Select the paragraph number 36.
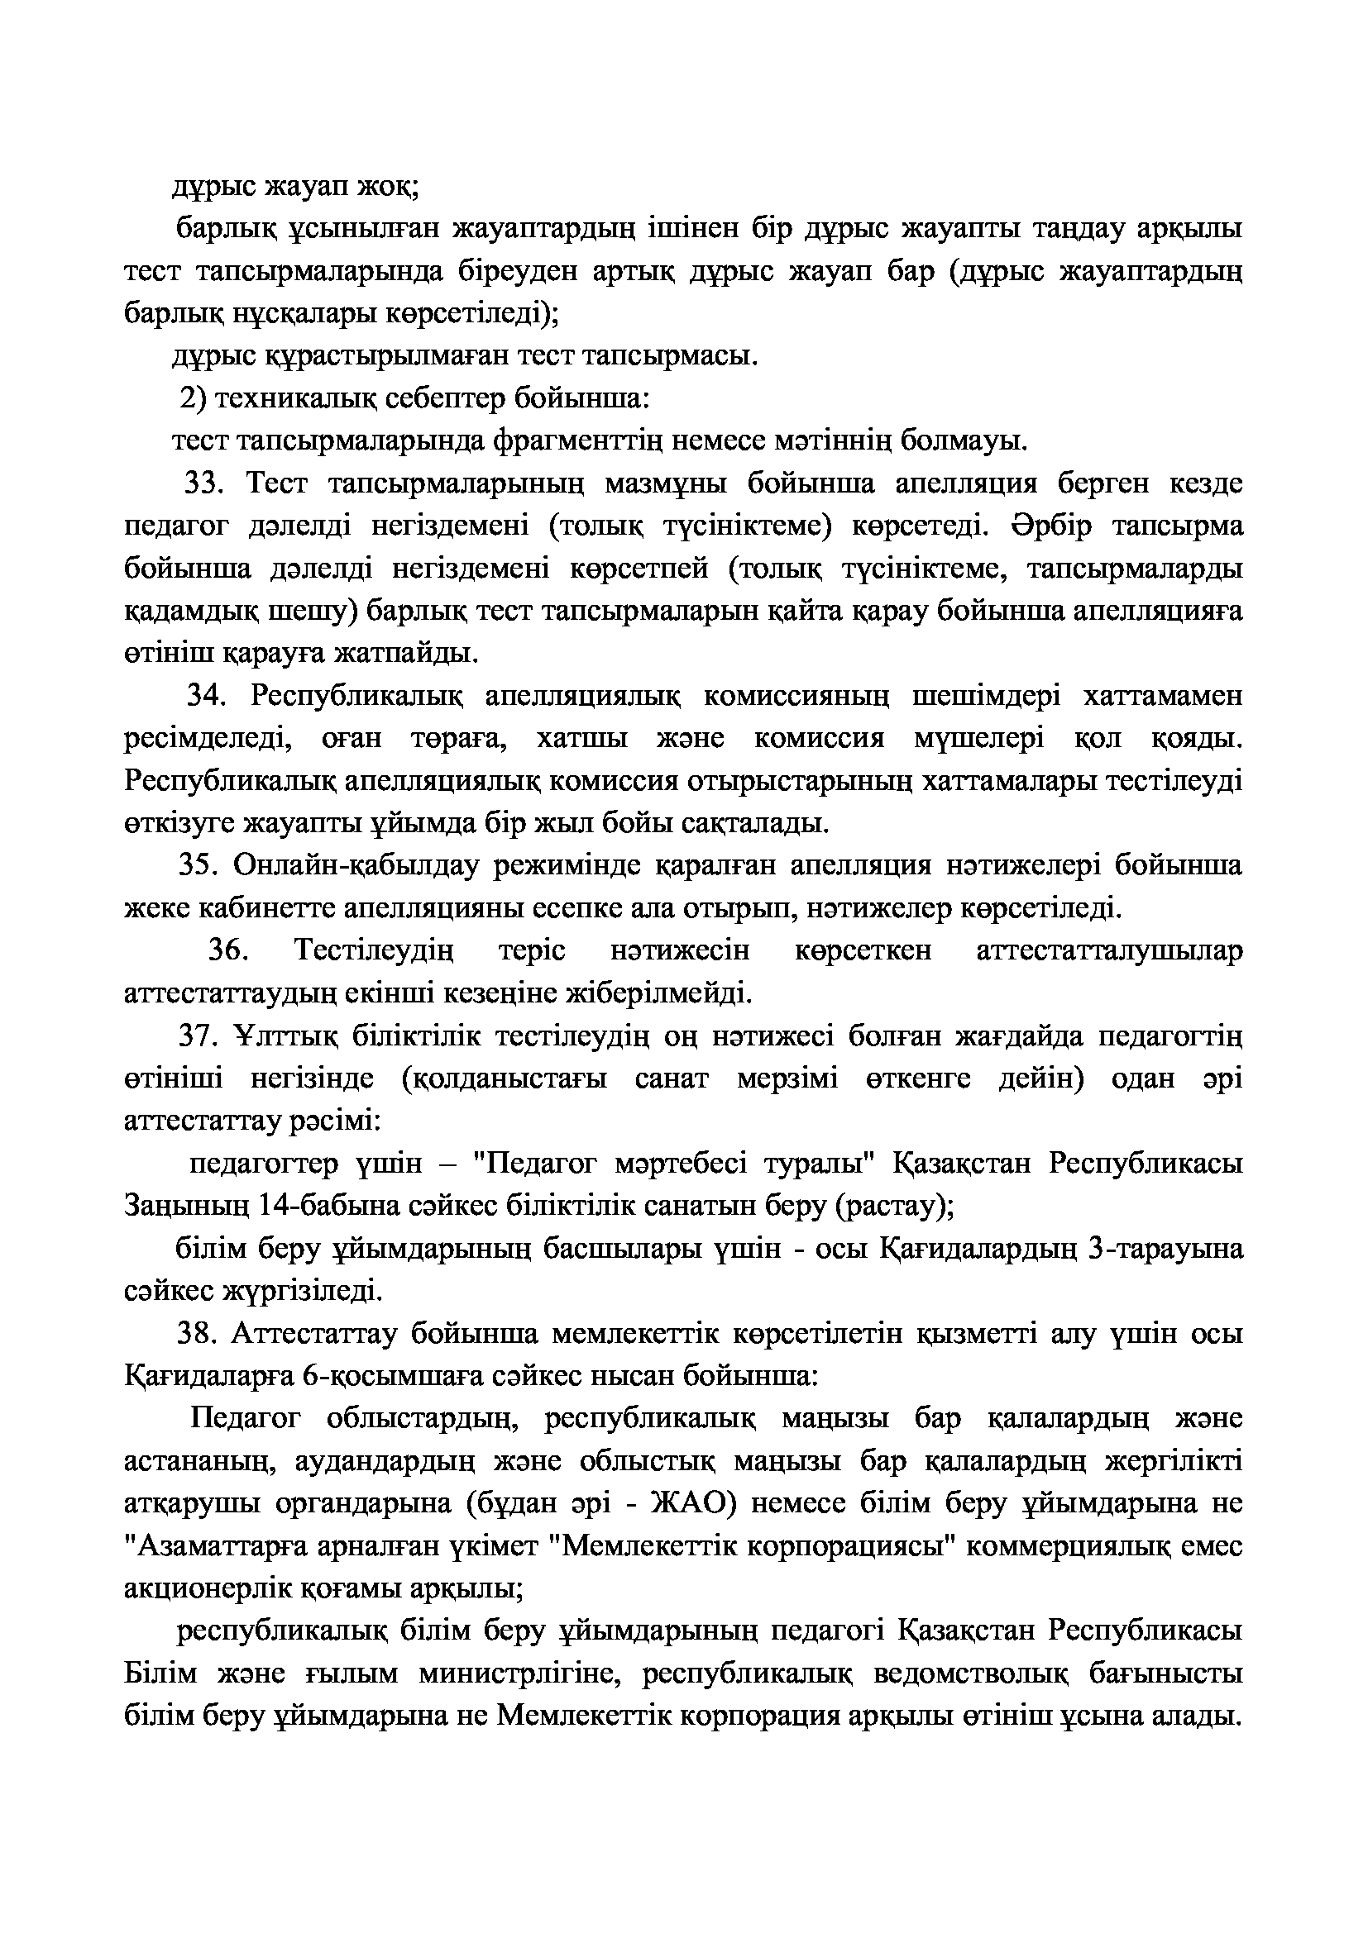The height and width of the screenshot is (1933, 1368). pos(227,950)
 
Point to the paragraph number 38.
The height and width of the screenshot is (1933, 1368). pos(197,1334)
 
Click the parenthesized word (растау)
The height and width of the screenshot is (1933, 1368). pos(894,1206)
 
